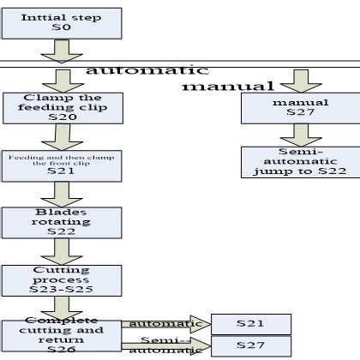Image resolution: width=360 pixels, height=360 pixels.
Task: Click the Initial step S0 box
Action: [50, 22]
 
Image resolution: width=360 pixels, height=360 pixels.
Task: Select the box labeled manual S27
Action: [295, 108]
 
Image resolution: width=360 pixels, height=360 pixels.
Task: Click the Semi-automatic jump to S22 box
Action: [295, 161]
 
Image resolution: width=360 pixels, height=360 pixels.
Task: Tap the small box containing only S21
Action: [250, 324]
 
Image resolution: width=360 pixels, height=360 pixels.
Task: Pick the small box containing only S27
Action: [250, 346]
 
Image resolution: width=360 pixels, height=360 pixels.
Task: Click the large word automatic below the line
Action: [146, 70]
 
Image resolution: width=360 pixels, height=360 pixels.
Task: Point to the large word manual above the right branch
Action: [228, 87]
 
